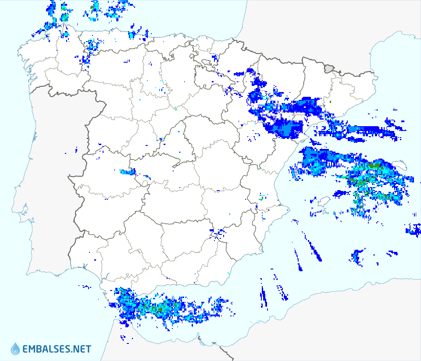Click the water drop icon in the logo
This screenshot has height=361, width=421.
pyautogui.click(x=15, y=349)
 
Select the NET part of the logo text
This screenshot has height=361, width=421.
pyautogui.click(x=82, y=349)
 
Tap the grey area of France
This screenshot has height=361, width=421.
pyautogui.click(x=307, y=26)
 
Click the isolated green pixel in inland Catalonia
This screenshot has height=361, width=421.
pyautogui.click(x=330, y=102)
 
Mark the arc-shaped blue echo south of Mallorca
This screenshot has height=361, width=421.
pyautogui.click(x=358, y=256)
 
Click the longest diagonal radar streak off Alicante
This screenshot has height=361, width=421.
pyautogui.click(x=314, y=249)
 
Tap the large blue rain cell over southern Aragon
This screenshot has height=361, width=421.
pyautogui.click(x=285, y=127)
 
